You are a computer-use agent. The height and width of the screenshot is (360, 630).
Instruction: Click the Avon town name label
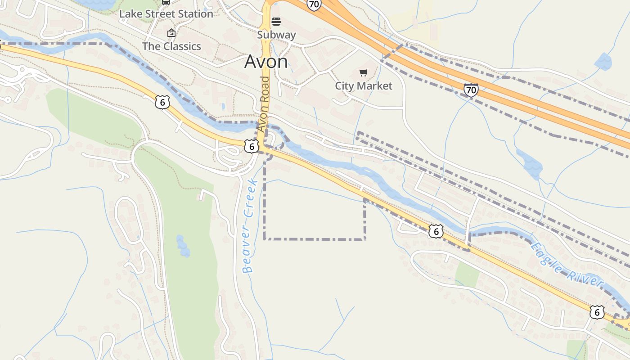[266, 62]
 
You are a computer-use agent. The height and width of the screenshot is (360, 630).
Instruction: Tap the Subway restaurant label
[276, 35]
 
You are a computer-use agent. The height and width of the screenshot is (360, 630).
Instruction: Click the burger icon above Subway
[276, 22]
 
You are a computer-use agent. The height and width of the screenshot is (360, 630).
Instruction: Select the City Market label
[364, 85]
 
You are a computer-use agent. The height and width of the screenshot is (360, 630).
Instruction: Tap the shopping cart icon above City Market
[364, 73]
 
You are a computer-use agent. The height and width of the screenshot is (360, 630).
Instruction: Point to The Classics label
[171, 46]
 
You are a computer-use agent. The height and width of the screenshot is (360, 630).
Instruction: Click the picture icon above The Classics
[171, 33]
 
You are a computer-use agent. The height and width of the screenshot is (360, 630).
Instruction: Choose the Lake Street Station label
[166, 14]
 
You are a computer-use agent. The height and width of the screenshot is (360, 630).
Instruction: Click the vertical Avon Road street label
[264, 103]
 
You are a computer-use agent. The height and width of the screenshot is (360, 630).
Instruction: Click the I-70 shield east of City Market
[471, 90]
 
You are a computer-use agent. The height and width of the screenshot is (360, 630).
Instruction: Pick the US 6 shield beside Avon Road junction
[252, 146]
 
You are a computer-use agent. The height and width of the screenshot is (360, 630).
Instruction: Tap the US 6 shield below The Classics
[162, 103]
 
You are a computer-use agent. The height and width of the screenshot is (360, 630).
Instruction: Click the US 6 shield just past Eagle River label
[597, 312]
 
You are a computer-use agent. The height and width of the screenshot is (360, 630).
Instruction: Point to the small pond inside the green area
[183, 246]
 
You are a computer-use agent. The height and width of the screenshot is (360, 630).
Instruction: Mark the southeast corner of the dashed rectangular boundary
[364, 239]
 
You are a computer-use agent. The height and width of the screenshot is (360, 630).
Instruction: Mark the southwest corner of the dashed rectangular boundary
[264, 238]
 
